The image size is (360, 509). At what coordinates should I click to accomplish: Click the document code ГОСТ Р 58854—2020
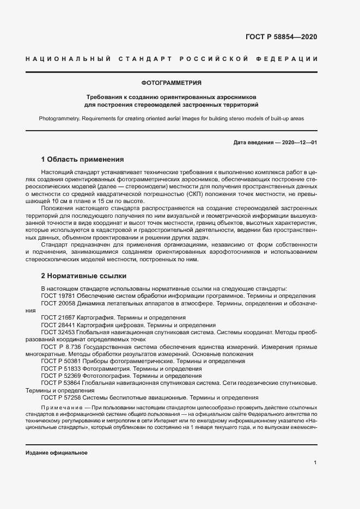(282, 37)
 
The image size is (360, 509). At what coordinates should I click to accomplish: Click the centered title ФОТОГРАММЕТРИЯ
(171, 83)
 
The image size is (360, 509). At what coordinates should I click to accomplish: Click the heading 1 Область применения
(83, 160)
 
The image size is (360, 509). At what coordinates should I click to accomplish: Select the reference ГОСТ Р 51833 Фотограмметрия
(82, 369)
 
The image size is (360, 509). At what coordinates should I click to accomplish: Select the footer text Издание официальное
(57, 453)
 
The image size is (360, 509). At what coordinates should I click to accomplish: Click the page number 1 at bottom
(315, 463)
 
